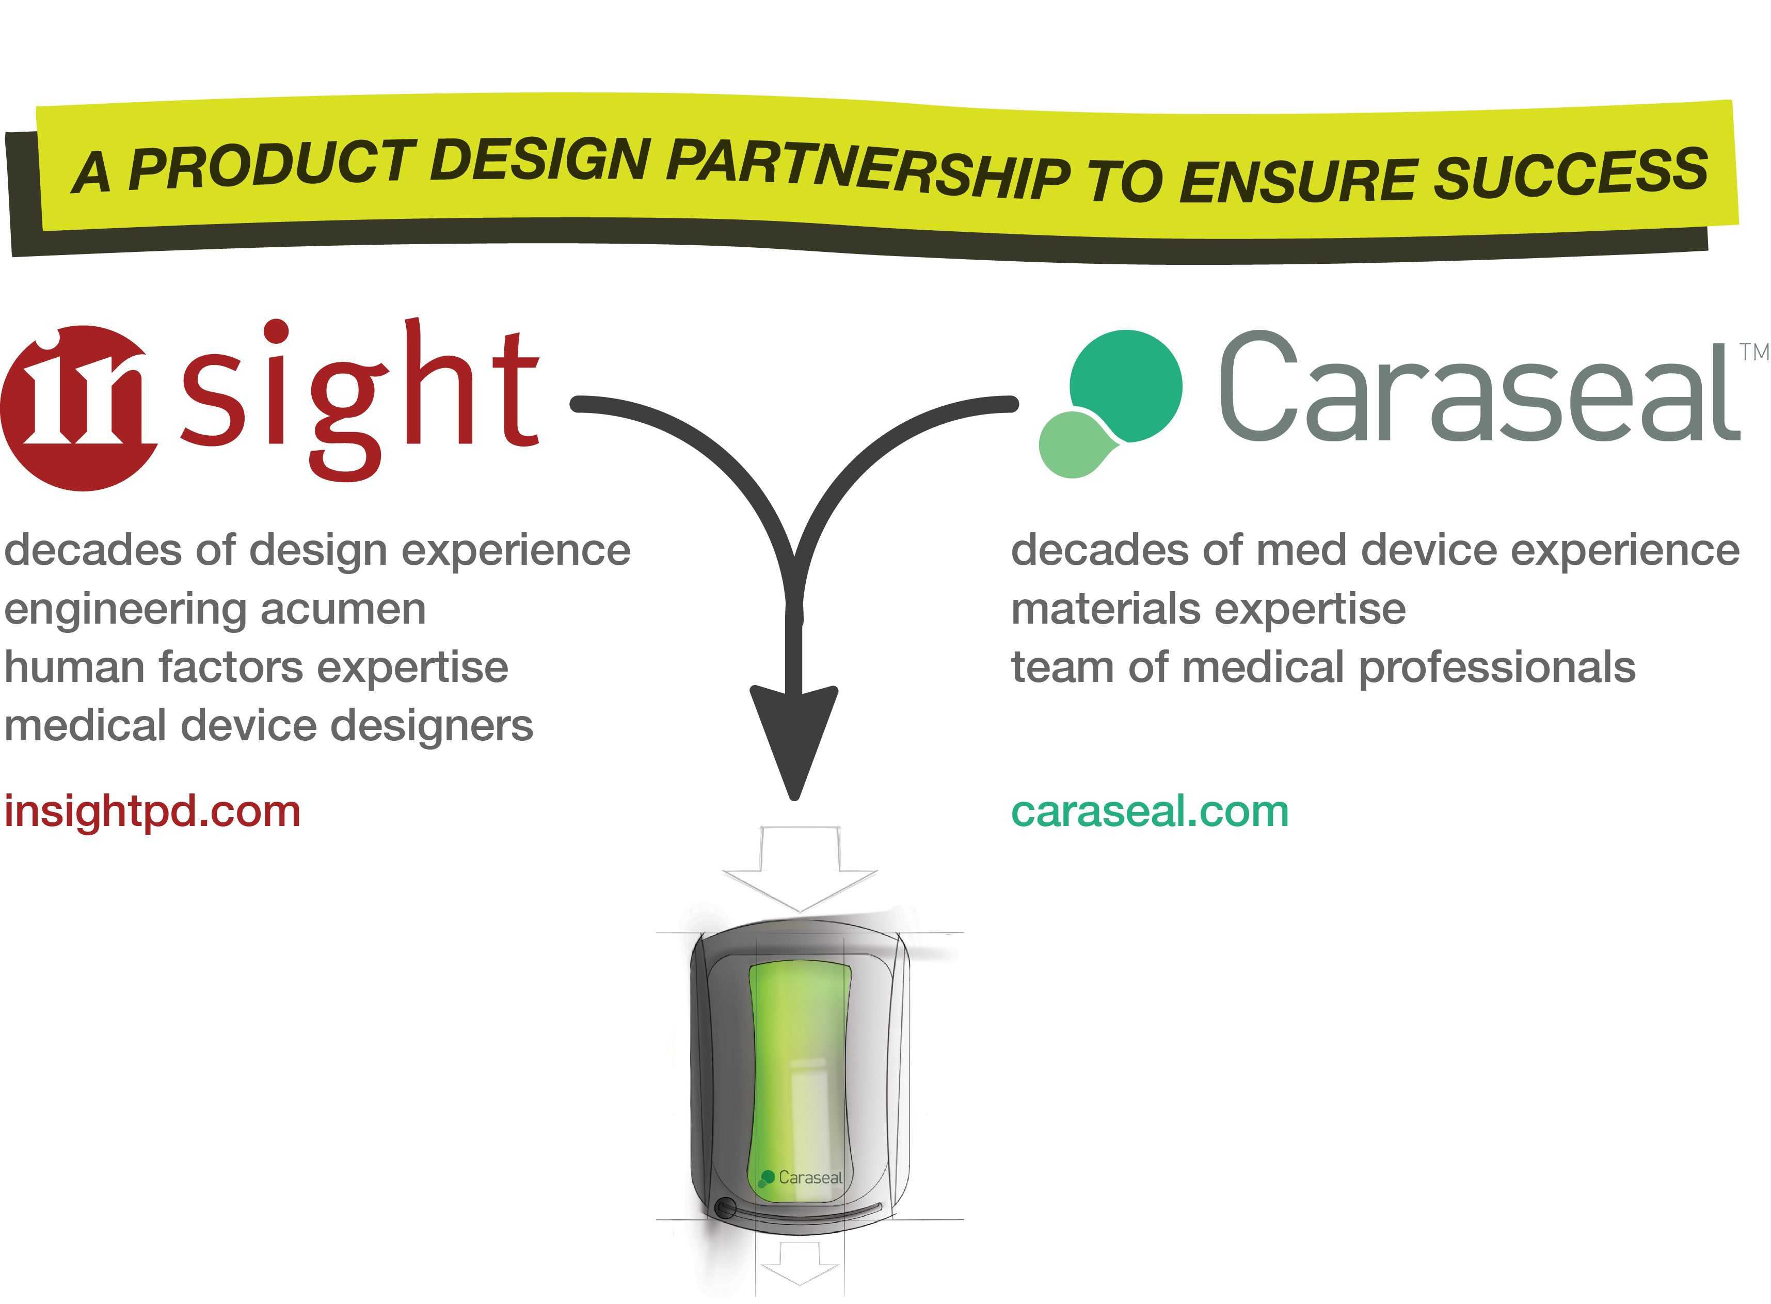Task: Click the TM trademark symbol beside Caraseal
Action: point(1753,352)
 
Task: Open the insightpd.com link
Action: point(152,812)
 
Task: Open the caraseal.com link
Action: point(1149,812)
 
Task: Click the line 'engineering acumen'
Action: point(215,609)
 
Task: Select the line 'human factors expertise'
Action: point(256,668)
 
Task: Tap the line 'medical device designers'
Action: point(268,726)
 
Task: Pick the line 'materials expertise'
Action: point(1207,609)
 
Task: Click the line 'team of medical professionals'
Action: point(1323,668)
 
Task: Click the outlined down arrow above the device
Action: point(800,868)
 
